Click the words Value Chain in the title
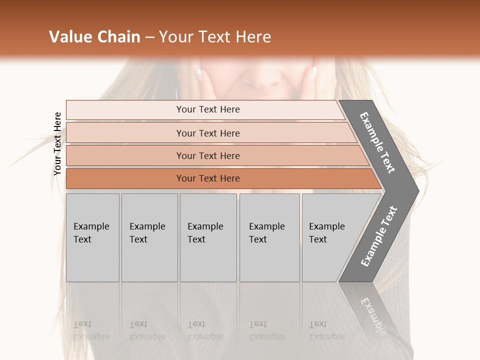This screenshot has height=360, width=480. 94,37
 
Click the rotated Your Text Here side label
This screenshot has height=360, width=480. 57,144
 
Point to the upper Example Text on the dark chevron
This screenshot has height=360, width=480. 378,143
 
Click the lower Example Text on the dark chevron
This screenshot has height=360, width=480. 379,236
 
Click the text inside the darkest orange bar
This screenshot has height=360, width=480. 208,178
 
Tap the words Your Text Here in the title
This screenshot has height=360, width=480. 215,37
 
